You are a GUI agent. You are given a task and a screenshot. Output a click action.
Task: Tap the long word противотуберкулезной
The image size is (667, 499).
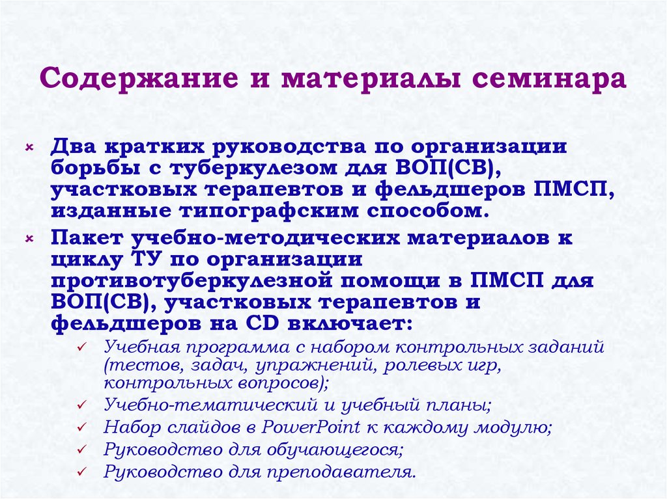click(188, 281)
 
